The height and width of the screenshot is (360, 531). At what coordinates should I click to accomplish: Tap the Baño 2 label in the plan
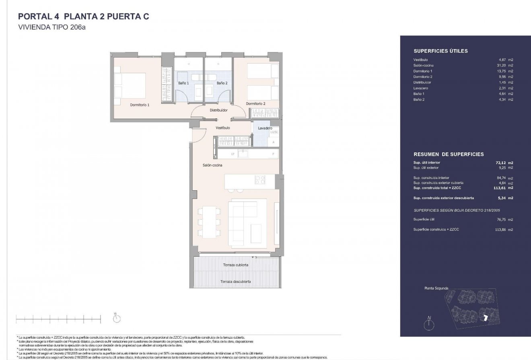(x=222, y=83)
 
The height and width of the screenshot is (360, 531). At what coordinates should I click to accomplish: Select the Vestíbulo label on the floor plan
(x=222, y=128)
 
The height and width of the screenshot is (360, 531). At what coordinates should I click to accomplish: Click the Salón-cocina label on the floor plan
(x=212, y=165)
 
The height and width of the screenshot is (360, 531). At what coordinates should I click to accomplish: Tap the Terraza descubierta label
(x=235, y=282)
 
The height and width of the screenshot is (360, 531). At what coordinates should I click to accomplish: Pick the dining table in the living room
(x=208, y=222)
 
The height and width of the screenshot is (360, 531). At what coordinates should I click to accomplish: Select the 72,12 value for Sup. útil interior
(x=501, y=163)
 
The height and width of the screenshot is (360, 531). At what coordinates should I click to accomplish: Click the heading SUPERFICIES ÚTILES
(x=440, y=51)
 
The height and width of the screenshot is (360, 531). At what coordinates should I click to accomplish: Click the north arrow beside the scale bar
(x=117, y=319)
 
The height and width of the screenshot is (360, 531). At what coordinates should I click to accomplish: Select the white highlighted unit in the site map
(x=486, y=318)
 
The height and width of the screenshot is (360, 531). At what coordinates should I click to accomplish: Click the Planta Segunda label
(x=436, y=288)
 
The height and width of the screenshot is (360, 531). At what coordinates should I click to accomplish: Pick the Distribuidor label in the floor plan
(x=218, y=110)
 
